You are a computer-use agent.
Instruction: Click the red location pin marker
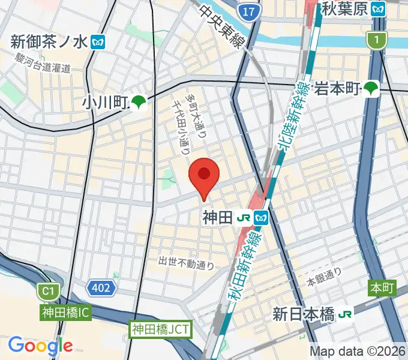[x=204, y=176]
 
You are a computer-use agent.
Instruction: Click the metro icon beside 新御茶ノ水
[x=98, y=41]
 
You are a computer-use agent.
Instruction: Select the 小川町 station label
[x=106, y=103]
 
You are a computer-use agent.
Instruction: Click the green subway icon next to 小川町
[x=139, y=103]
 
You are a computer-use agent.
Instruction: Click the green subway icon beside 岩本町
[x=372, y=89]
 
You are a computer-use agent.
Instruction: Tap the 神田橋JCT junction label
[x=160, y=329]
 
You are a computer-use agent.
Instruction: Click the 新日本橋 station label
[x=304, y=314]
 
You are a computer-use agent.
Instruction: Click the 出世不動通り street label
[x=186, y=262]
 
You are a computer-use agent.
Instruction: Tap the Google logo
[x=40, y=346]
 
